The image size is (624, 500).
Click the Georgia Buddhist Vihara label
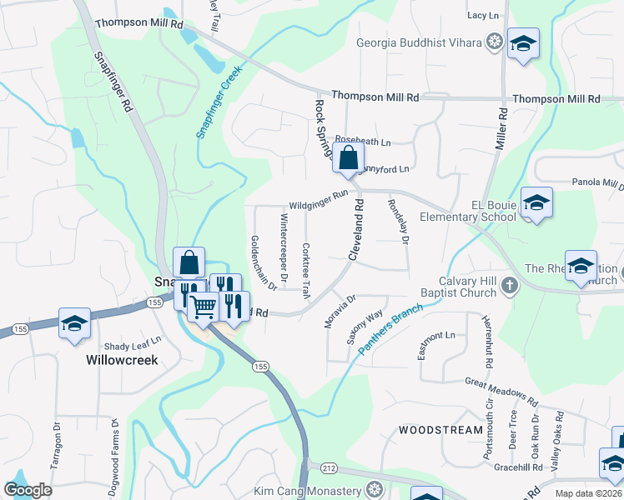[419, 42]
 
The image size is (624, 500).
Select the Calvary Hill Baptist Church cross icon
[511, 287]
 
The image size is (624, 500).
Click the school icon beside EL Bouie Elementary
[536, 202]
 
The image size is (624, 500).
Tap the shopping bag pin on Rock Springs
[347, 156]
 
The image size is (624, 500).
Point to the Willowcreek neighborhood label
[122, 361]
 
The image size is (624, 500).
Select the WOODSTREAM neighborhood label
[440, 430]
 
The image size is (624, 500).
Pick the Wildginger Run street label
[318, 200]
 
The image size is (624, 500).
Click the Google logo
[28, 490]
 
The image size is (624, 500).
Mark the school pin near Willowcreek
[74, 323]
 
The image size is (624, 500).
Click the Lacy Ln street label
[481, 15]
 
